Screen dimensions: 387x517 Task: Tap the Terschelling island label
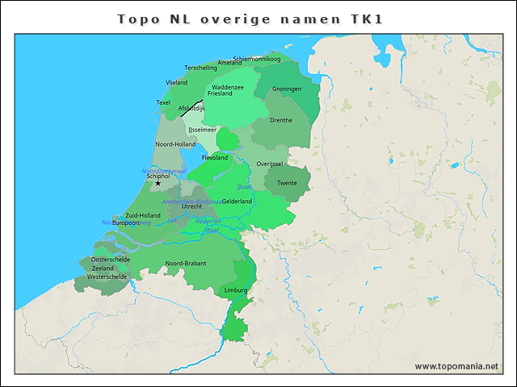201,68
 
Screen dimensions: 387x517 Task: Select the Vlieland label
176,82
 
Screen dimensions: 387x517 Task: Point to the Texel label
163,102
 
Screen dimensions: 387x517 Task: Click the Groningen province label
287,89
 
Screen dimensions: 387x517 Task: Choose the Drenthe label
281,120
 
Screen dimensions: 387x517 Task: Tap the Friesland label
220,94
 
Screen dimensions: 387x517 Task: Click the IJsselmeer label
202,129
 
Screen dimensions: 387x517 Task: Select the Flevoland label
215,158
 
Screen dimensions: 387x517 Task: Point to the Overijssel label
269,164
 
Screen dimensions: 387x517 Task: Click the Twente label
287,183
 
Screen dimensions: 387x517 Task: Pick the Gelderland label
237,201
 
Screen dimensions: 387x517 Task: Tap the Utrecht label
191,206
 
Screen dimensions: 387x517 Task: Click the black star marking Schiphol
158,183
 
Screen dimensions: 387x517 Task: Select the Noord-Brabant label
186,264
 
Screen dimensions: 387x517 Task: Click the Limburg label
236,289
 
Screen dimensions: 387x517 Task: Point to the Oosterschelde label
111,260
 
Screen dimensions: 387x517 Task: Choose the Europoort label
126,223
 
